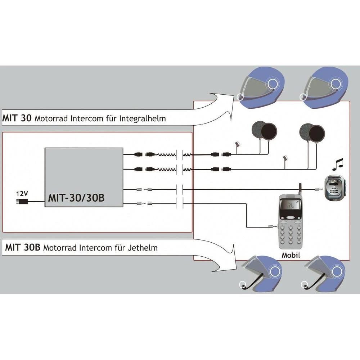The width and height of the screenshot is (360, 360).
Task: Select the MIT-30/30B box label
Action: [76, 198]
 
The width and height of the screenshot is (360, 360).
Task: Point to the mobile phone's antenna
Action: [300, 189]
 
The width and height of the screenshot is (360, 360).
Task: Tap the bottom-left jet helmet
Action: [258, 272]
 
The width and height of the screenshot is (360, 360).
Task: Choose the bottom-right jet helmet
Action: [323, 272]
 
